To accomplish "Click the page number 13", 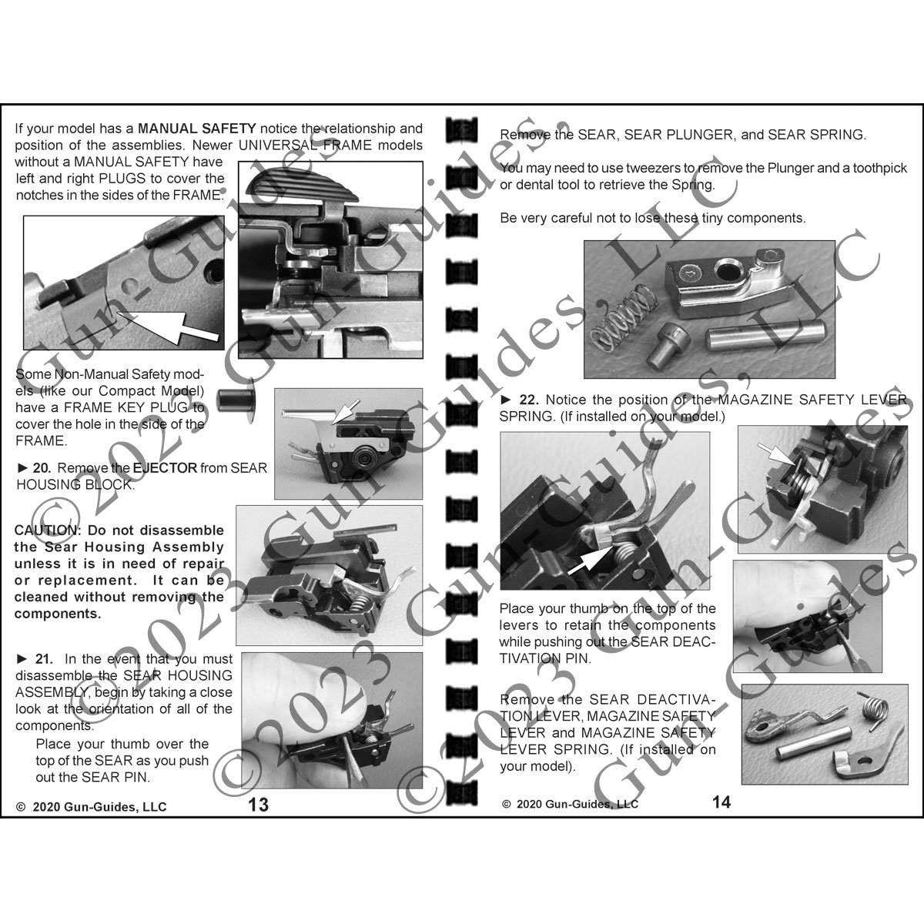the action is pos(258,805).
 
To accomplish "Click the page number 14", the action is pos(721,802).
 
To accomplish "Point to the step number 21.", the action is pos(44,659).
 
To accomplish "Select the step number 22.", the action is pos(529,400).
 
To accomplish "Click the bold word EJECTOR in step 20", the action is pos(165,468).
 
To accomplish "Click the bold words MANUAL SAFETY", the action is pos(197,129).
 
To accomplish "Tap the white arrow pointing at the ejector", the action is pos(345,411).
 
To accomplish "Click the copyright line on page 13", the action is pos(92,806).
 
